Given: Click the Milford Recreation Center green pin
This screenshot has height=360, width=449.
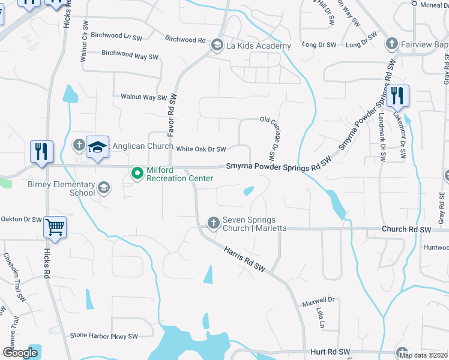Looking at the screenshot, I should click(x=137, y=173).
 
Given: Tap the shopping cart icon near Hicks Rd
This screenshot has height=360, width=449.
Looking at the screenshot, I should click(x=55, y=228).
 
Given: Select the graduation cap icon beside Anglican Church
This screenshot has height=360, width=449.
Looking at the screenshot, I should click(x=97, y=146).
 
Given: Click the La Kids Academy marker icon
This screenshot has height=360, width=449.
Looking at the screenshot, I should click(x=215, y=45).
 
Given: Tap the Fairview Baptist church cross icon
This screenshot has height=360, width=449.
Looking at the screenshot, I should click(x=391, y=43).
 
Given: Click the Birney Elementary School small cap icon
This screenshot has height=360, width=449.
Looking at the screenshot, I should click(x=104, y=188).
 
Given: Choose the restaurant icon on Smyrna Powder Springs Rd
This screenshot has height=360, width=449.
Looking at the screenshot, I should click(x=397, y=95).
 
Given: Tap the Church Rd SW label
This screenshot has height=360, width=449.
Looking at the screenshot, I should click(x=406, y=230).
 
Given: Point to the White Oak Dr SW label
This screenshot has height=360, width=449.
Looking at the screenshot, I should click(x=200, y=149).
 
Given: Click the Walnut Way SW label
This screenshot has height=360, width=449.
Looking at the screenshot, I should click(x=143, y=97).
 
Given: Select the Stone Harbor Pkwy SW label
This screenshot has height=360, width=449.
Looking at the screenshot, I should click(x=104, y=336).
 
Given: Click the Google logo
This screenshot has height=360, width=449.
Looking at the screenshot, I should click(x=20, y=353).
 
